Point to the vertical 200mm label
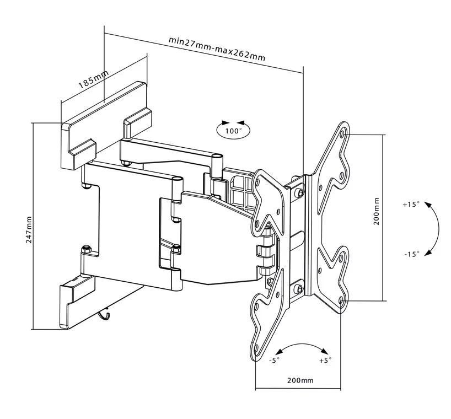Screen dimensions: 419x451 point(377,211)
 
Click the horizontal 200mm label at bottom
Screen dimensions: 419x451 point(300,380)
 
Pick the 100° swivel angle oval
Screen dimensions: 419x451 point(233,131)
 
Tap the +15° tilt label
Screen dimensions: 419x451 point(411,204)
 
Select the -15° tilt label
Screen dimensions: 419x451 point(411,254)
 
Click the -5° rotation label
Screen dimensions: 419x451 point(274,361)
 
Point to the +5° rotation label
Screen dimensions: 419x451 point(325,361)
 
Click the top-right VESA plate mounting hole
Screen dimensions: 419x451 point(344,133)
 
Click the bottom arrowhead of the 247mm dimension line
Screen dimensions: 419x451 point(34,326)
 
